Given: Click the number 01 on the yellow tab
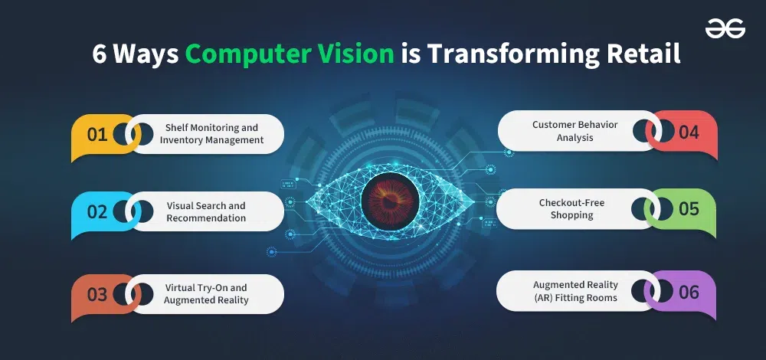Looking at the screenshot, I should coord(97,135).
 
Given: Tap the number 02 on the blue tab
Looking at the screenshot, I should coord(97,212).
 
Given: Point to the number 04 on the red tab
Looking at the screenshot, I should coord(689,133).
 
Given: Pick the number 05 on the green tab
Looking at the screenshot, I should coord(689,208).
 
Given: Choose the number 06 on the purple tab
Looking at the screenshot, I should coord(689,292).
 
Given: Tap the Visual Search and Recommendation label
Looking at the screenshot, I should coord(206,212).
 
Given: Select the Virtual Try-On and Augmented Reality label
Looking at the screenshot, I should coord(206,294).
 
